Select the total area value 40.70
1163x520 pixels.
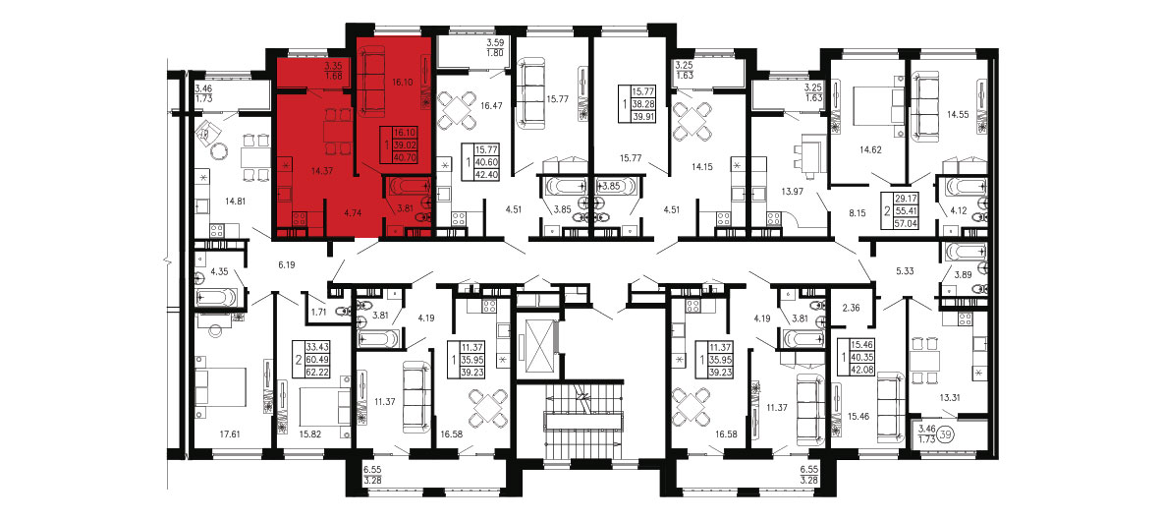tap(406, 158)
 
